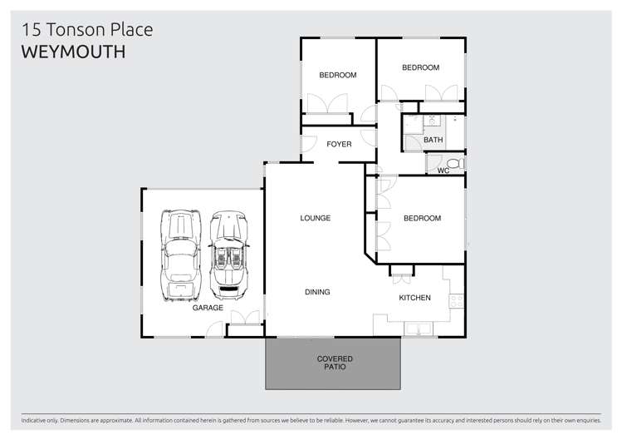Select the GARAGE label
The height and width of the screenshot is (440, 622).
point(208,308)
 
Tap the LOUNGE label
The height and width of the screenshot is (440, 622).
point(316,218)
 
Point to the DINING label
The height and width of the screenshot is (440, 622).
point(317,292)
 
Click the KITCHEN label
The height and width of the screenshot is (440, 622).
point(414,298)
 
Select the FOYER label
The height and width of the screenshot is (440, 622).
point(339,144)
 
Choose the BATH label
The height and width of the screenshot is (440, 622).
point(433,140)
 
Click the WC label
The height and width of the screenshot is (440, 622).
point(443,171)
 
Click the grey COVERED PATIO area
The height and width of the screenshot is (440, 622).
point(332,363)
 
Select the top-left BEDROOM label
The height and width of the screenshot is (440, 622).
point(338,75)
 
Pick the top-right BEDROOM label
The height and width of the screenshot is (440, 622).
point(420,67)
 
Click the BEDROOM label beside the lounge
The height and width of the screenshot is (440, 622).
point(422,219)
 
